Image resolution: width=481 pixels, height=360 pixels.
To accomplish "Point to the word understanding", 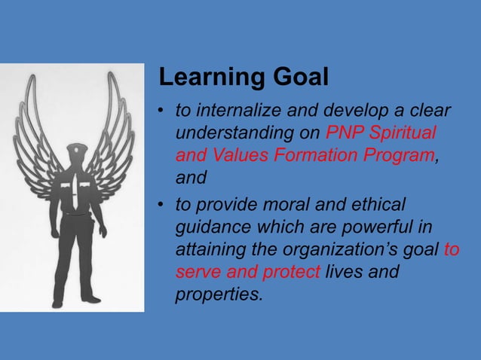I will point(222,134).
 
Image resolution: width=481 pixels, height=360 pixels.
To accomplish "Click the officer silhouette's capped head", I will point(77,154).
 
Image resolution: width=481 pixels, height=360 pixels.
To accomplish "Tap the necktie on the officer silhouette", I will point(77,191).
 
